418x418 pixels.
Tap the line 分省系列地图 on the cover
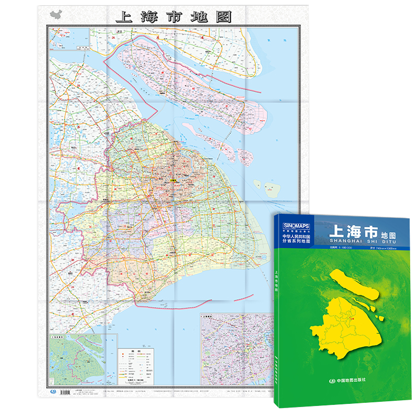(296, 242)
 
